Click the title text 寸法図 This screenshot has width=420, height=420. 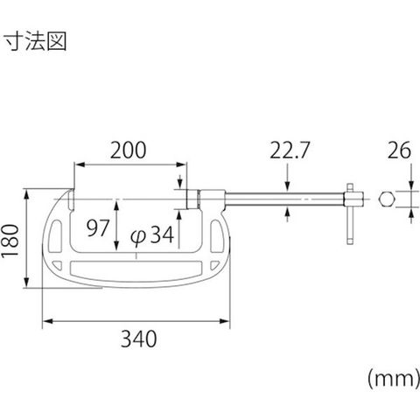coord(36,42)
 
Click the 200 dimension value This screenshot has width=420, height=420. coord(128,150)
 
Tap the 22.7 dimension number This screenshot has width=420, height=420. coord(289,150)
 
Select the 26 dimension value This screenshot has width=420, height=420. coord(399,150)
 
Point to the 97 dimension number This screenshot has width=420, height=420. coord(98,227)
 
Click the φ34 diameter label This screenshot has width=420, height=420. coord(152,234)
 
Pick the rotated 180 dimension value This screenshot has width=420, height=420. coord(10,241)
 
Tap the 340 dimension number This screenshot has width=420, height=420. coord(139,339)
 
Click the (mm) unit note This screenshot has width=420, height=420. coord(394,379)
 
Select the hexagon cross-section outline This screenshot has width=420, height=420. coord(387,199)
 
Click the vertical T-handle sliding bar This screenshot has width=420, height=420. coord(350,213)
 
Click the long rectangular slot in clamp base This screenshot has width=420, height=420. coord(136,268)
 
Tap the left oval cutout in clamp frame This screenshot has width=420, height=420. coord(55,236)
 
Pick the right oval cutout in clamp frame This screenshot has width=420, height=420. coord(216,236)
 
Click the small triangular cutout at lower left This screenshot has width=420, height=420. coord(58,264)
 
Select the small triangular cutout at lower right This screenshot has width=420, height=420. coord(214,264)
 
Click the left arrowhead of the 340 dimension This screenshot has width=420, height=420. coord(47,321)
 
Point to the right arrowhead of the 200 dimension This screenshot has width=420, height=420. coord(181,164)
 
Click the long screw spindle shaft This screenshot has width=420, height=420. coord(284,199)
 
